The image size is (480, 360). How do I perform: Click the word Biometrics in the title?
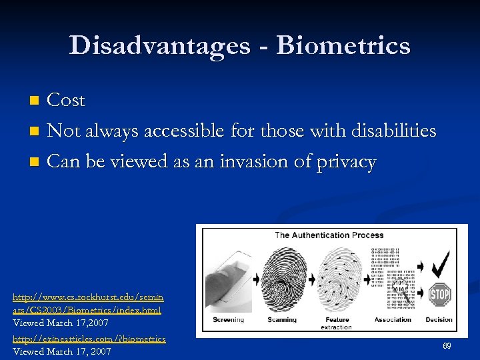[x=343, y=45]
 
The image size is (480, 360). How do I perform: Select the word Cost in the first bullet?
[x=67, y=100]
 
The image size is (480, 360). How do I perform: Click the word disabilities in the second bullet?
[x=394, y=131]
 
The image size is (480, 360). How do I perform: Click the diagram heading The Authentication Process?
[x=329, y=235]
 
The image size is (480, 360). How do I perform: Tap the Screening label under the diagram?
[x=229, y=319]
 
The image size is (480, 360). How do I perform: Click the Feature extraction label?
[x=337, y=323]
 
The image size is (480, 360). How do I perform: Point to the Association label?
[x=393, y=319]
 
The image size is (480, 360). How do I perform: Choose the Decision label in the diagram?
[x=439, y=319]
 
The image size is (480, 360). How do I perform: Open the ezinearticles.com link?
[x=89, y=339]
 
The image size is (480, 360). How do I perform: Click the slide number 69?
[x=447, y=347]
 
